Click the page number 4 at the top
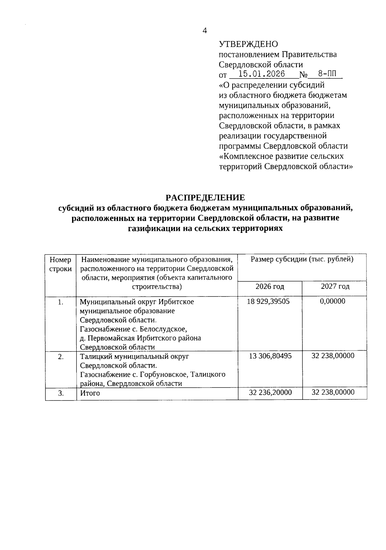click(x=205, y=31)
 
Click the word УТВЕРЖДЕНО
click(x=248, y=44)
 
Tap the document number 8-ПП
click(x=325, y=74)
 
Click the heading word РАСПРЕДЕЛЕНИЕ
click(x=205, y=197)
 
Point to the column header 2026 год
click(x=270, y=286)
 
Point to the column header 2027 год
click(x=335, y=286)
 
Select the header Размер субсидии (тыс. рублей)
click(x=302, y=260)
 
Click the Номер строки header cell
click(x=60, y=264)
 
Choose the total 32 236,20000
click(x=270, y=392)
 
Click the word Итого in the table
click(x=90, y=393)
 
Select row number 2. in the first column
click(x=61, y=356)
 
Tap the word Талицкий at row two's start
click(x=96, y=356)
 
